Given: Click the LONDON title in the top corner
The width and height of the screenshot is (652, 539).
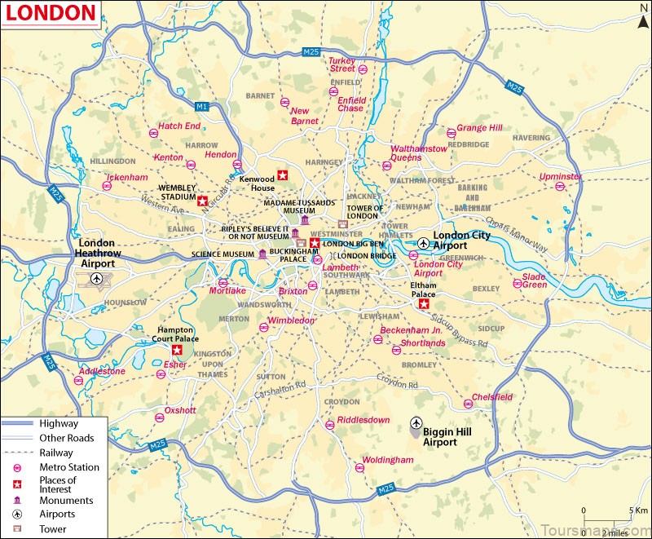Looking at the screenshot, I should (50, 13).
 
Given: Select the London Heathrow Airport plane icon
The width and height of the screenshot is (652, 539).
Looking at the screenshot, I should (98, 280).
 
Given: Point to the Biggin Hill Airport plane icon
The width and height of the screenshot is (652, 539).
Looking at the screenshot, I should (416, 423).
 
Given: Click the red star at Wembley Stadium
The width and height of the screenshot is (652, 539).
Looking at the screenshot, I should (202, 199).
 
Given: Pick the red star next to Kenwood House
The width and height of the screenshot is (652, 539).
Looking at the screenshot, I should (283, 175).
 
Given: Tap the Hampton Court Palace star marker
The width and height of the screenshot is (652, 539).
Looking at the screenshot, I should (176, 350).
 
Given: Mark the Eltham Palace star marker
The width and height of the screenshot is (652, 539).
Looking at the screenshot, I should (423, 304).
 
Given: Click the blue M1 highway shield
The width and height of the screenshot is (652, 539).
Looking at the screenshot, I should (202, 106).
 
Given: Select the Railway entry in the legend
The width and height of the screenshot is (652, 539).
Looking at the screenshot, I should (55, 453).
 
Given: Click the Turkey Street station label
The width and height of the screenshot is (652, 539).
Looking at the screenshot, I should (342, 64).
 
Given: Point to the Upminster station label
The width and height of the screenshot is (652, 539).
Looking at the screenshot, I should (561, 176).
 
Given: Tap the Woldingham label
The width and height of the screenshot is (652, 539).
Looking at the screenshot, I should (388, 460).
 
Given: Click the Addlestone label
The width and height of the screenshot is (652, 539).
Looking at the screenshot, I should (101, 371).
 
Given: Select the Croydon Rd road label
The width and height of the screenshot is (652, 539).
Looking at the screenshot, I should (399, 379).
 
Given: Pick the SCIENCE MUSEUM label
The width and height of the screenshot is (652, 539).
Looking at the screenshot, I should (223, 254).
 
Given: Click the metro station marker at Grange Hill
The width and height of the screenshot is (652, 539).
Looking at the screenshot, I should (451, 133).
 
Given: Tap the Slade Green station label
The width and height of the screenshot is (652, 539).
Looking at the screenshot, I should (535, 280).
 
